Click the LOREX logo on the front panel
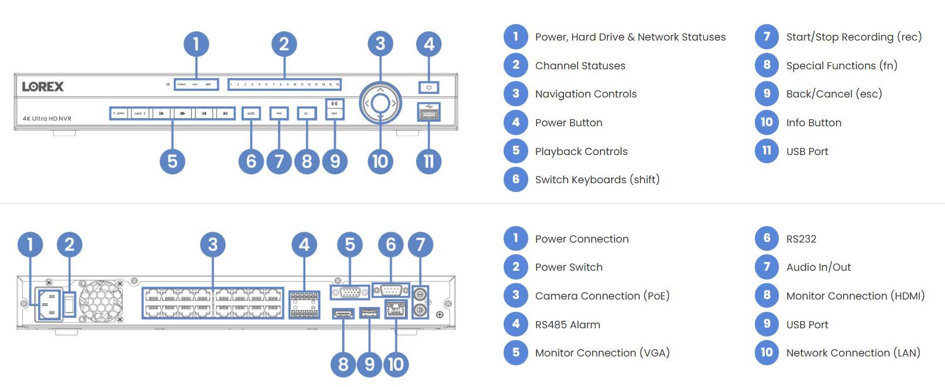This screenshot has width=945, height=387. pos(43,86)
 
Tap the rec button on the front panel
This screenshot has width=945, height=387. pos(279,113)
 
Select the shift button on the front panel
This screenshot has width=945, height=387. pos(251,113)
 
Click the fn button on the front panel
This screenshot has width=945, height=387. pos(306,113)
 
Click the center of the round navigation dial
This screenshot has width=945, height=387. pos(380,103)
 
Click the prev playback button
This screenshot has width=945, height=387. pos(119,113)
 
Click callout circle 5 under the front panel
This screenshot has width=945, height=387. pos(172,161)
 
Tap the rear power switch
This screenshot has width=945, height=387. pos(70,304)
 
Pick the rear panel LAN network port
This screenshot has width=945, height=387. pos(396,309)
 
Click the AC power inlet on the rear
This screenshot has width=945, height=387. pos(49,304)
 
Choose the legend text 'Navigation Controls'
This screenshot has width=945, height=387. pos(585,94)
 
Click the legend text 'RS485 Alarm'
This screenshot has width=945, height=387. pos(567,325)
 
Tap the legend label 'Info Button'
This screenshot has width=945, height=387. pos(814,123)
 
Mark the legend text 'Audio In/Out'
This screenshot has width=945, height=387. pos(818,267)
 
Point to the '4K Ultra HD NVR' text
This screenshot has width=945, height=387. pos(47,119)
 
